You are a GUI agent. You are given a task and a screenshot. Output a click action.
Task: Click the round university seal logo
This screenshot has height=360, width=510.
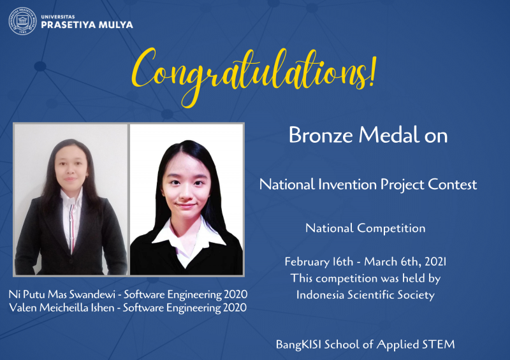[22, 21]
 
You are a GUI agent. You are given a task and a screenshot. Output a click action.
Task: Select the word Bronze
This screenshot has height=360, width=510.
[321, 135]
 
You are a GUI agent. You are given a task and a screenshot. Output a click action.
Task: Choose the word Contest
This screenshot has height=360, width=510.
[452, 184]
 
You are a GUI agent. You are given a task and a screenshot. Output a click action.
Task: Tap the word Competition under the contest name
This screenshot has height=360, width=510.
[391, 228]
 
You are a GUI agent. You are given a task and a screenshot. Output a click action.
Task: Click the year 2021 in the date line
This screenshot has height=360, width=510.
[435, 262]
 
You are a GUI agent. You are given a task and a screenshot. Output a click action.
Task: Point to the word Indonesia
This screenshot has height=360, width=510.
[320, 295]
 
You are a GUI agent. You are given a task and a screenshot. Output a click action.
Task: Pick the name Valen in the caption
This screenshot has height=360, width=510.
[23, 308]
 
